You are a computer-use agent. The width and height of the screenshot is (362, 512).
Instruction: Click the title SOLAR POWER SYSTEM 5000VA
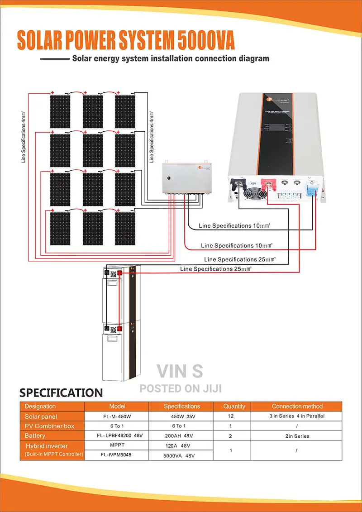tap(126, 41)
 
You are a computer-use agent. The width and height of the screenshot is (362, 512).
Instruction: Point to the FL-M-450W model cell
tap(117, 416)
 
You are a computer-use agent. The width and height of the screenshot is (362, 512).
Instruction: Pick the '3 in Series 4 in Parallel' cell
tap(296, 416)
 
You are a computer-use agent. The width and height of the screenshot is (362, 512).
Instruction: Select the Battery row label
tap(35, 435)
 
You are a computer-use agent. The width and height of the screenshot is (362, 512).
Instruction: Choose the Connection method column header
tap(297, 407)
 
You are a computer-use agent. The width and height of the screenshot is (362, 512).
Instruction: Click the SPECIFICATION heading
tap(61, 392)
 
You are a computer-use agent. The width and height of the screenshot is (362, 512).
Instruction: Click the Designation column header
tap(40, 407)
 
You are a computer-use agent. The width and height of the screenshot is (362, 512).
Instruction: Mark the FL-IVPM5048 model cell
tap(117, 455)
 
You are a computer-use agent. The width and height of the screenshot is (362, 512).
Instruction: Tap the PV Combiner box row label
tap(50, 426)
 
